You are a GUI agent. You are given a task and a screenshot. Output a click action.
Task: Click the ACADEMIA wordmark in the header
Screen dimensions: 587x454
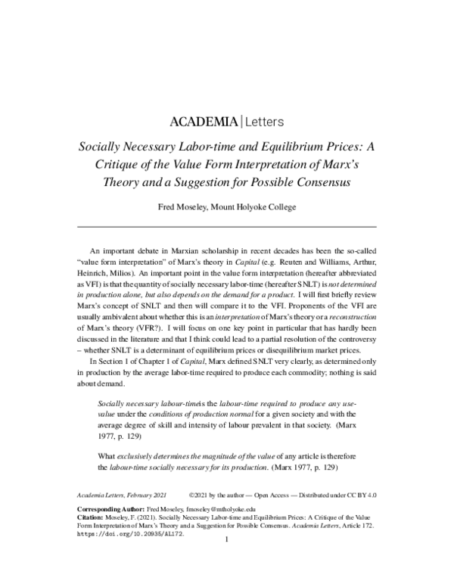click(201, 120)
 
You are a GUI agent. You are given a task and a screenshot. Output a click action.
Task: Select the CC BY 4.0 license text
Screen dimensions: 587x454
click(359, 492)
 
